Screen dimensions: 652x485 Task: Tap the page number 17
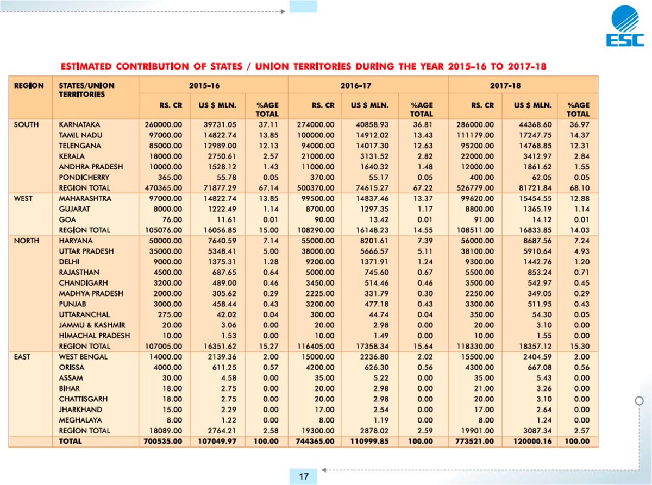(304, 476)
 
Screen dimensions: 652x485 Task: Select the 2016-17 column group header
(356, 85)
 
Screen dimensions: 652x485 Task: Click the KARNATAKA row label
(79, 124)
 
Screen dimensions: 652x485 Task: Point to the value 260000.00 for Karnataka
(163, 124)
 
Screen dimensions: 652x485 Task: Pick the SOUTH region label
(26, 124)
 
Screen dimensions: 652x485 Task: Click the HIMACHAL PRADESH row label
(94, 336)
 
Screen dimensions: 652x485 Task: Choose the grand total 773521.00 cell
(475, 441)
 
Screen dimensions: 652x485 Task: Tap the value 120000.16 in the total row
(532, 441)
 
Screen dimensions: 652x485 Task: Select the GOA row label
(67, 219)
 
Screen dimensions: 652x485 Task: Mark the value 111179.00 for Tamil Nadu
(475, 135)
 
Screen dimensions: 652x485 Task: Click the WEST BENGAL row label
(83, 357)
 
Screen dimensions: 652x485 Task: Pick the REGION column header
(29, 85)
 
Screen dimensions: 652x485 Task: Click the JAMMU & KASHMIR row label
(92, 325)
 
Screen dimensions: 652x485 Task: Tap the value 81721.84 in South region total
(532, 188)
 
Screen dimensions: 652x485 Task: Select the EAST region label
(22, 357)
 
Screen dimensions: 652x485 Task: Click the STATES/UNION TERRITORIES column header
(86, 90)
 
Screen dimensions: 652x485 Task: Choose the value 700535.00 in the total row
(163, 441)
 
